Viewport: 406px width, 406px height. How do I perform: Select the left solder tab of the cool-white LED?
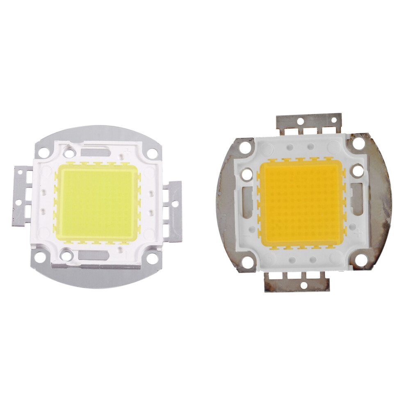click(24, 196)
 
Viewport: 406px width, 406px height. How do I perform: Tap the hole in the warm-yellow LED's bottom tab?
click(304, 284)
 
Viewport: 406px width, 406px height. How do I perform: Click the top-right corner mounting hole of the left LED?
click(152, 153)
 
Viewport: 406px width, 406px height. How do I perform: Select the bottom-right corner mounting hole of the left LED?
click(151, 259)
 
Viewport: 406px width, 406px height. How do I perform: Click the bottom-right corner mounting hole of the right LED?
click(361, 260)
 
